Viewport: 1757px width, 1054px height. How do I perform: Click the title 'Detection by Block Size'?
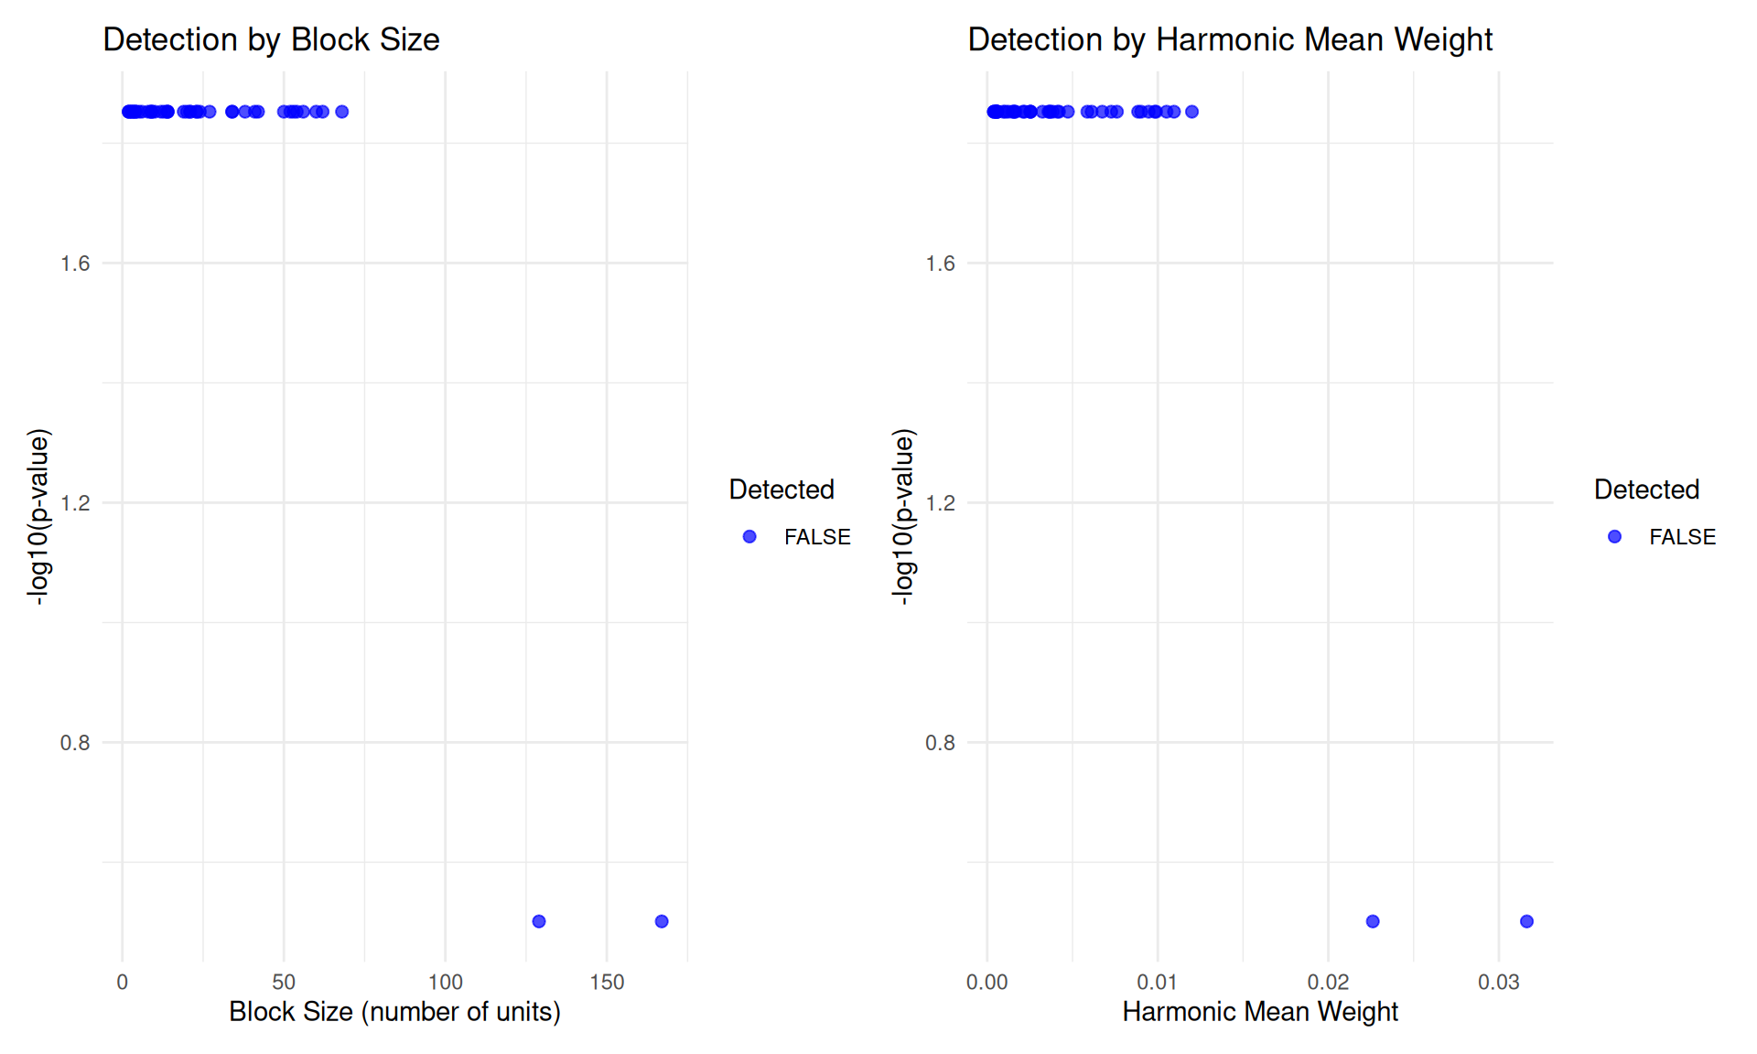pyautogui.click(x=271, y=39)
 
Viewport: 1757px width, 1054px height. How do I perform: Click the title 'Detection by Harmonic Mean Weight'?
pyautogui.click(x=1230, y=39)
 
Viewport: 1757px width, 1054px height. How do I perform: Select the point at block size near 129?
pyautogui.click(x=539, y=921)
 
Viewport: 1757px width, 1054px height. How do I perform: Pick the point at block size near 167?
pyautogui.click(x=662, y=921)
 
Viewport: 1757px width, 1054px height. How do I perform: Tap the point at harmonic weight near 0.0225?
pyautogui.click(x=1373, y=921)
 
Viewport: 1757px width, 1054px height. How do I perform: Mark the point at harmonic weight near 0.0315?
pyautogui.click(x=1526, y=921)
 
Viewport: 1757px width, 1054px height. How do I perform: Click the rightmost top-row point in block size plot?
pyautogui.click(x=342, y=112)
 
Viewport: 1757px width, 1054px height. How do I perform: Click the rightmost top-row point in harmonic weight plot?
pyautogui.click(x=1191, y=112)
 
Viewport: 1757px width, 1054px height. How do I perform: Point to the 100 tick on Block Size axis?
pyautogui.click(x=446, y=983)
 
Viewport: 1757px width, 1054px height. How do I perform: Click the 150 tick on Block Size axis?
pyautogui.click(x=607, y=983)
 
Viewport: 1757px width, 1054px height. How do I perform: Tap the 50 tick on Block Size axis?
pyautogui.click(x=284, y=983)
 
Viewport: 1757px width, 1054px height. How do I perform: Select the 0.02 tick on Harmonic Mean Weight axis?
pyautogui.click(x=1328, y=983)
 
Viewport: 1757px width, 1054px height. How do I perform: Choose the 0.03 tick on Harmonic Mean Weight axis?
pyautogui.click(x=1498, y=983)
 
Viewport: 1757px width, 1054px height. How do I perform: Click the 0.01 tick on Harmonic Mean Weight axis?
pyautogui.click(x=1158, y=983)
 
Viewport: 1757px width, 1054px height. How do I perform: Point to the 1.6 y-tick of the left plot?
pyautogui.click(x=75, y=263)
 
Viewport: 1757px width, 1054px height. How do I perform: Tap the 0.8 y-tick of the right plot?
pyautogui.click(x=940, y=743)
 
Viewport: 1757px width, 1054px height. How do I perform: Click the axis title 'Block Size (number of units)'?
pyautogui.click(x=394, y=1012)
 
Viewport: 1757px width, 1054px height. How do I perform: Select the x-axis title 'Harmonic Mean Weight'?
pyautogui.click(x=1260, y=1012)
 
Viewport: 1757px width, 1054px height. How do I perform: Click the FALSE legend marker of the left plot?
pyautogui.click(x=749, y=537)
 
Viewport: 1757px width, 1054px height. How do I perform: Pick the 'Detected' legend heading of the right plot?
pyautogui.click(x=1646, y=489)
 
